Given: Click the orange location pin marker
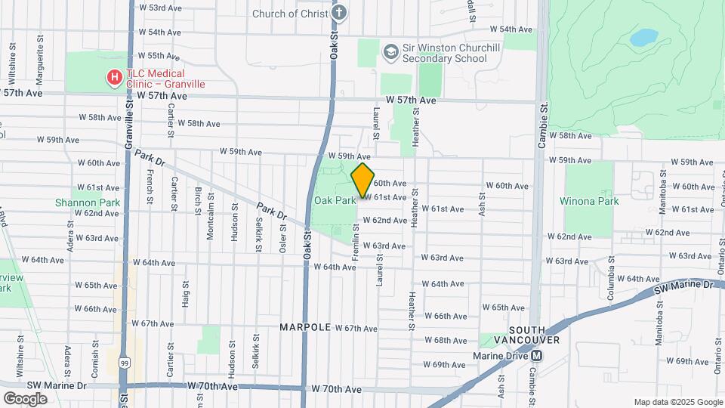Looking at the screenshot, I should point(362,180).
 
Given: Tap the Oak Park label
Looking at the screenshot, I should point(335,200).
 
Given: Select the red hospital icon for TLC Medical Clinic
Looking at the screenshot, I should point(114,76).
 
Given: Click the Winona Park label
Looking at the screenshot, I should point(589,201).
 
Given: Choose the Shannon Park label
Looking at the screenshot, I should point(77,202).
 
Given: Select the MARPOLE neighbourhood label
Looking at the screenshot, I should point(305,327).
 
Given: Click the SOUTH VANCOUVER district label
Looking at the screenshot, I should point(534,335).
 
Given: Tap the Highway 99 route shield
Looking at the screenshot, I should point(125,363).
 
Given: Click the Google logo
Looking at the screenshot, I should point(25,398).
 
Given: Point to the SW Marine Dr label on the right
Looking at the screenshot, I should point(683,286).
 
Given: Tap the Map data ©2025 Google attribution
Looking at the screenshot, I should point(677,402).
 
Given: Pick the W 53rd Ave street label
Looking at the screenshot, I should point(162,8).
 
